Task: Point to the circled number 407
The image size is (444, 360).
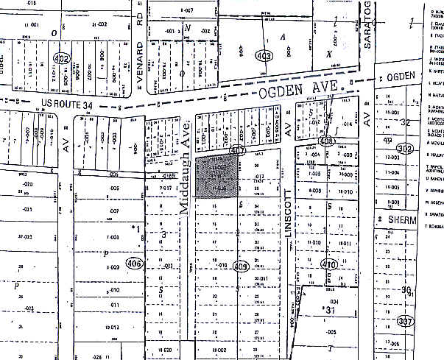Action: [x=237, y=150]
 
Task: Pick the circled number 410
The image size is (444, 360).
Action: [x=328, y=265]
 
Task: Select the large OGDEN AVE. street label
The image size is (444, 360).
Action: [x=301, y=91]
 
